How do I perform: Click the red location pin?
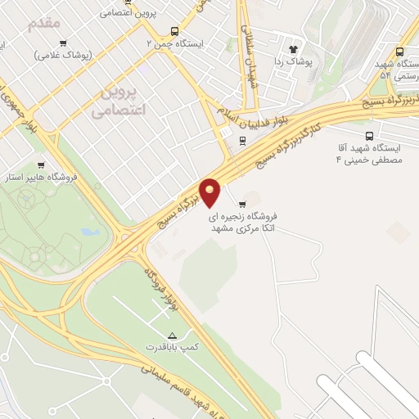click(x=210, y=192)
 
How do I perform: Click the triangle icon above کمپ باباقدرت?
click(x=172, y=336)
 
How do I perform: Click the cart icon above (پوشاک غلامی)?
click(x=63, y=43)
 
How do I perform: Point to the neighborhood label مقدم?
click(x=44, y=22)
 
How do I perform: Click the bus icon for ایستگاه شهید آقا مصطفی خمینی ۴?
click(x=368, y=137)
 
